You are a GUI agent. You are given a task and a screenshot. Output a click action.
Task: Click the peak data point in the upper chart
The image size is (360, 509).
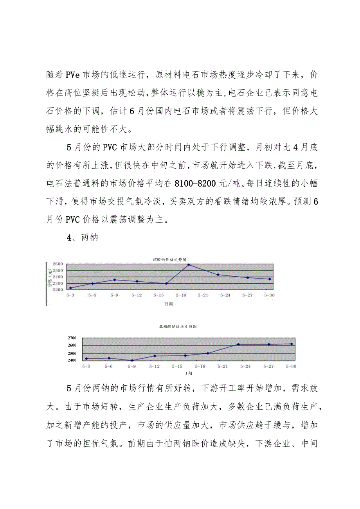click(x=189, y=265)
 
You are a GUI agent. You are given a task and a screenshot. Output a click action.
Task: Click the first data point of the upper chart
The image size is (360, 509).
click(x=70, y=288)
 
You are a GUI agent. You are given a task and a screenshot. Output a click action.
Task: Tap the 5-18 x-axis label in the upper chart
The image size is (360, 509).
click(x=181, y=295)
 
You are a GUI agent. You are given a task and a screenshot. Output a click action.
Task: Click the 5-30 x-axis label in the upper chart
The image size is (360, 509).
click(x=269, y=295)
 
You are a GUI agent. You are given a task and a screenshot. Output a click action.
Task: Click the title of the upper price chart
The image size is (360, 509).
click(x=169, y=259)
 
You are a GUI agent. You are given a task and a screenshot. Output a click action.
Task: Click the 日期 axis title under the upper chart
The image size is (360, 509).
click(x=169, y=303)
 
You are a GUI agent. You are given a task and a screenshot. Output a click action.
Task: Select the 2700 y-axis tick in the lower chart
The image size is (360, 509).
click(x=72, y=338)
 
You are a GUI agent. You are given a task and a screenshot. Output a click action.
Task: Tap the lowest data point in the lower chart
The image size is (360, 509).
click(x=132, y=360)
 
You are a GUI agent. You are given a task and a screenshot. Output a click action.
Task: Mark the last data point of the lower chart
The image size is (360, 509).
click(x=292, y=344)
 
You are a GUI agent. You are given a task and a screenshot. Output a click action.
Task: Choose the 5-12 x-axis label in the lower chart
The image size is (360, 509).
click(x=154, y=366)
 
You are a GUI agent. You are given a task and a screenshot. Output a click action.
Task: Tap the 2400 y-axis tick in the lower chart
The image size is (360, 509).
click(x=72, y=360)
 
